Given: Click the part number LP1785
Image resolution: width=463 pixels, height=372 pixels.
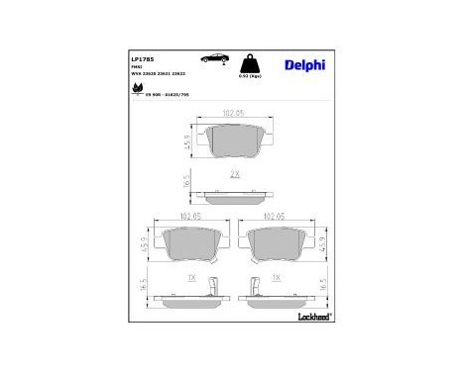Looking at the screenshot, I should (x=141, y=58).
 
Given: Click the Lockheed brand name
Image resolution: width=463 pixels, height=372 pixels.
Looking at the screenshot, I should (x=313, y=316).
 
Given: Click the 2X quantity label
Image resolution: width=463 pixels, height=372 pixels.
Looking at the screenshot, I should (x=235, y=173).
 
